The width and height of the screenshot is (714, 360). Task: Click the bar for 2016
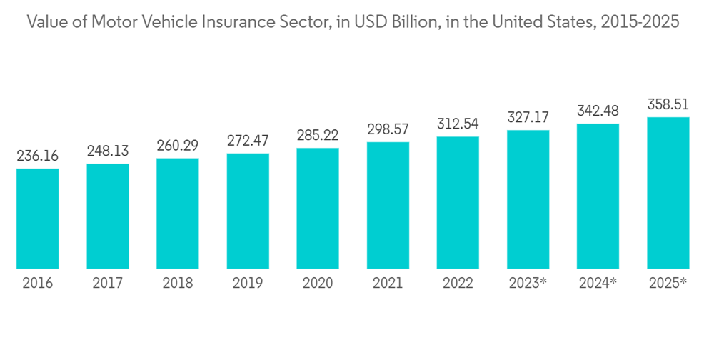[x=37, y=219]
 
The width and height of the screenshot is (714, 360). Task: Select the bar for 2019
[x=248, y=211]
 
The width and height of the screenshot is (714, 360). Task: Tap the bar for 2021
[x=388, y=205]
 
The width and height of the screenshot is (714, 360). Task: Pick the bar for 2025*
[x=668, y=193]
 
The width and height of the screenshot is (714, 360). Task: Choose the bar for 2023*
[x=528, y=199]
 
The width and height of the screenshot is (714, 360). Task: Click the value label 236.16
[x=37, y=156]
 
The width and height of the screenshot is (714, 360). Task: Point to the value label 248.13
[x=108, y=151]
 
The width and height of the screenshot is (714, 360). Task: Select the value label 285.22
[x=318, y=135]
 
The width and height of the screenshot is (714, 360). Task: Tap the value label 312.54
[x=458, y=124]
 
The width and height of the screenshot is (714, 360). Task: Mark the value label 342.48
[x=598, y=111]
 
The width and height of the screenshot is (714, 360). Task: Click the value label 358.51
[x=668, y=104]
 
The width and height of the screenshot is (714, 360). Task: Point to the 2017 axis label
[x=108, y=284]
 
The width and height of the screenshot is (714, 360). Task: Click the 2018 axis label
[x=178, y=284]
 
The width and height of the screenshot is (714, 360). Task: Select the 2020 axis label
[x=318, y=284]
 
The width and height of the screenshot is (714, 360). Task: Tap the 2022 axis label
[x=458, y=284]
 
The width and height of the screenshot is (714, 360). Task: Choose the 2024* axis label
[x=598, y=284]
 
